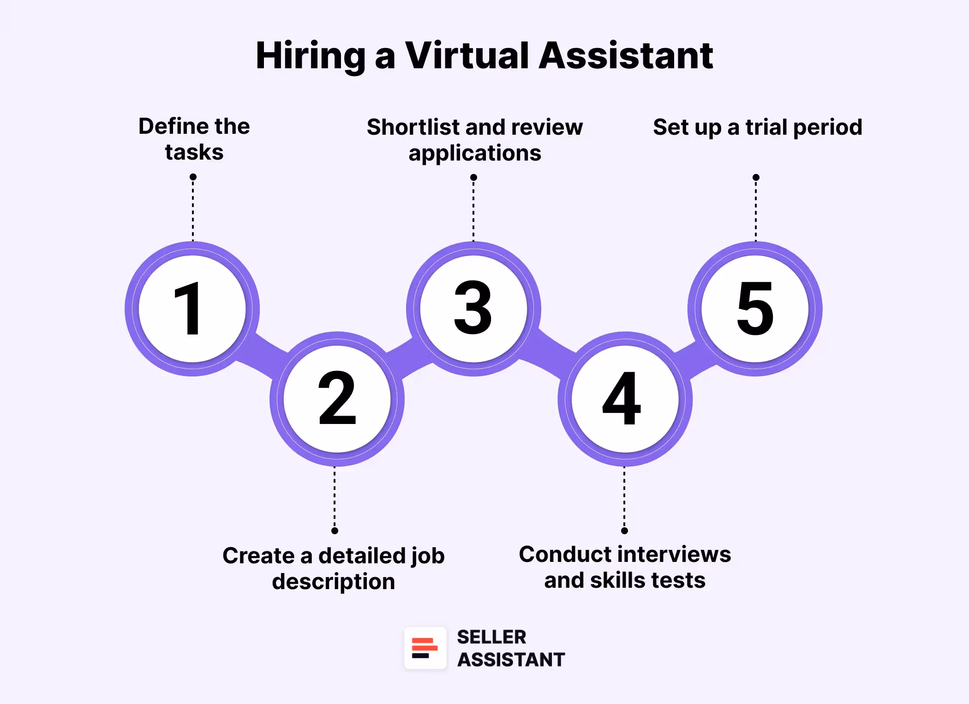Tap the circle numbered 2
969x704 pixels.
(337, 399)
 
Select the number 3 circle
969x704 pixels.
(473, 308)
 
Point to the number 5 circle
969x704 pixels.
(755, 308)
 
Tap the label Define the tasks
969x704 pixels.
(194, 139)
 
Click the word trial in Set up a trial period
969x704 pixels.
(766, 127)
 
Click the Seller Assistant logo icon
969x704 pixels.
(425, 648)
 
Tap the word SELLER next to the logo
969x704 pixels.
(491, 637)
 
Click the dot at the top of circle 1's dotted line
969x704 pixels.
(193, 177)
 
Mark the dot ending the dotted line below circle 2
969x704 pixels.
(335, 531)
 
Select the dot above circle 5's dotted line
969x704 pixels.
(756, 178)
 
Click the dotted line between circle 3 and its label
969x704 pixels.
(473, 210)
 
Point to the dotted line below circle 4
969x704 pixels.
(624, 498)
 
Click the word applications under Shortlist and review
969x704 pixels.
(475, 153)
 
